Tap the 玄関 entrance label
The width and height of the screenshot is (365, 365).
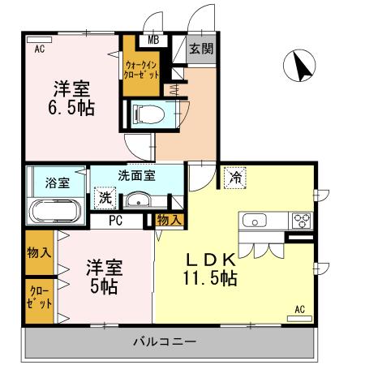202,49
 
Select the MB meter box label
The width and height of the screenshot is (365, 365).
152,39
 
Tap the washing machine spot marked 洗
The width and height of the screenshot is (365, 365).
105,198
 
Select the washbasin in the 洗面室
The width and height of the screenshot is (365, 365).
139,200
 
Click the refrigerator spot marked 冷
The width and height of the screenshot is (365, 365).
235,176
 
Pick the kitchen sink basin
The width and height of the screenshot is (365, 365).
253,220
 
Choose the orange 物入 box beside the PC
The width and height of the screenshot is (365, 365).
169,219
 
